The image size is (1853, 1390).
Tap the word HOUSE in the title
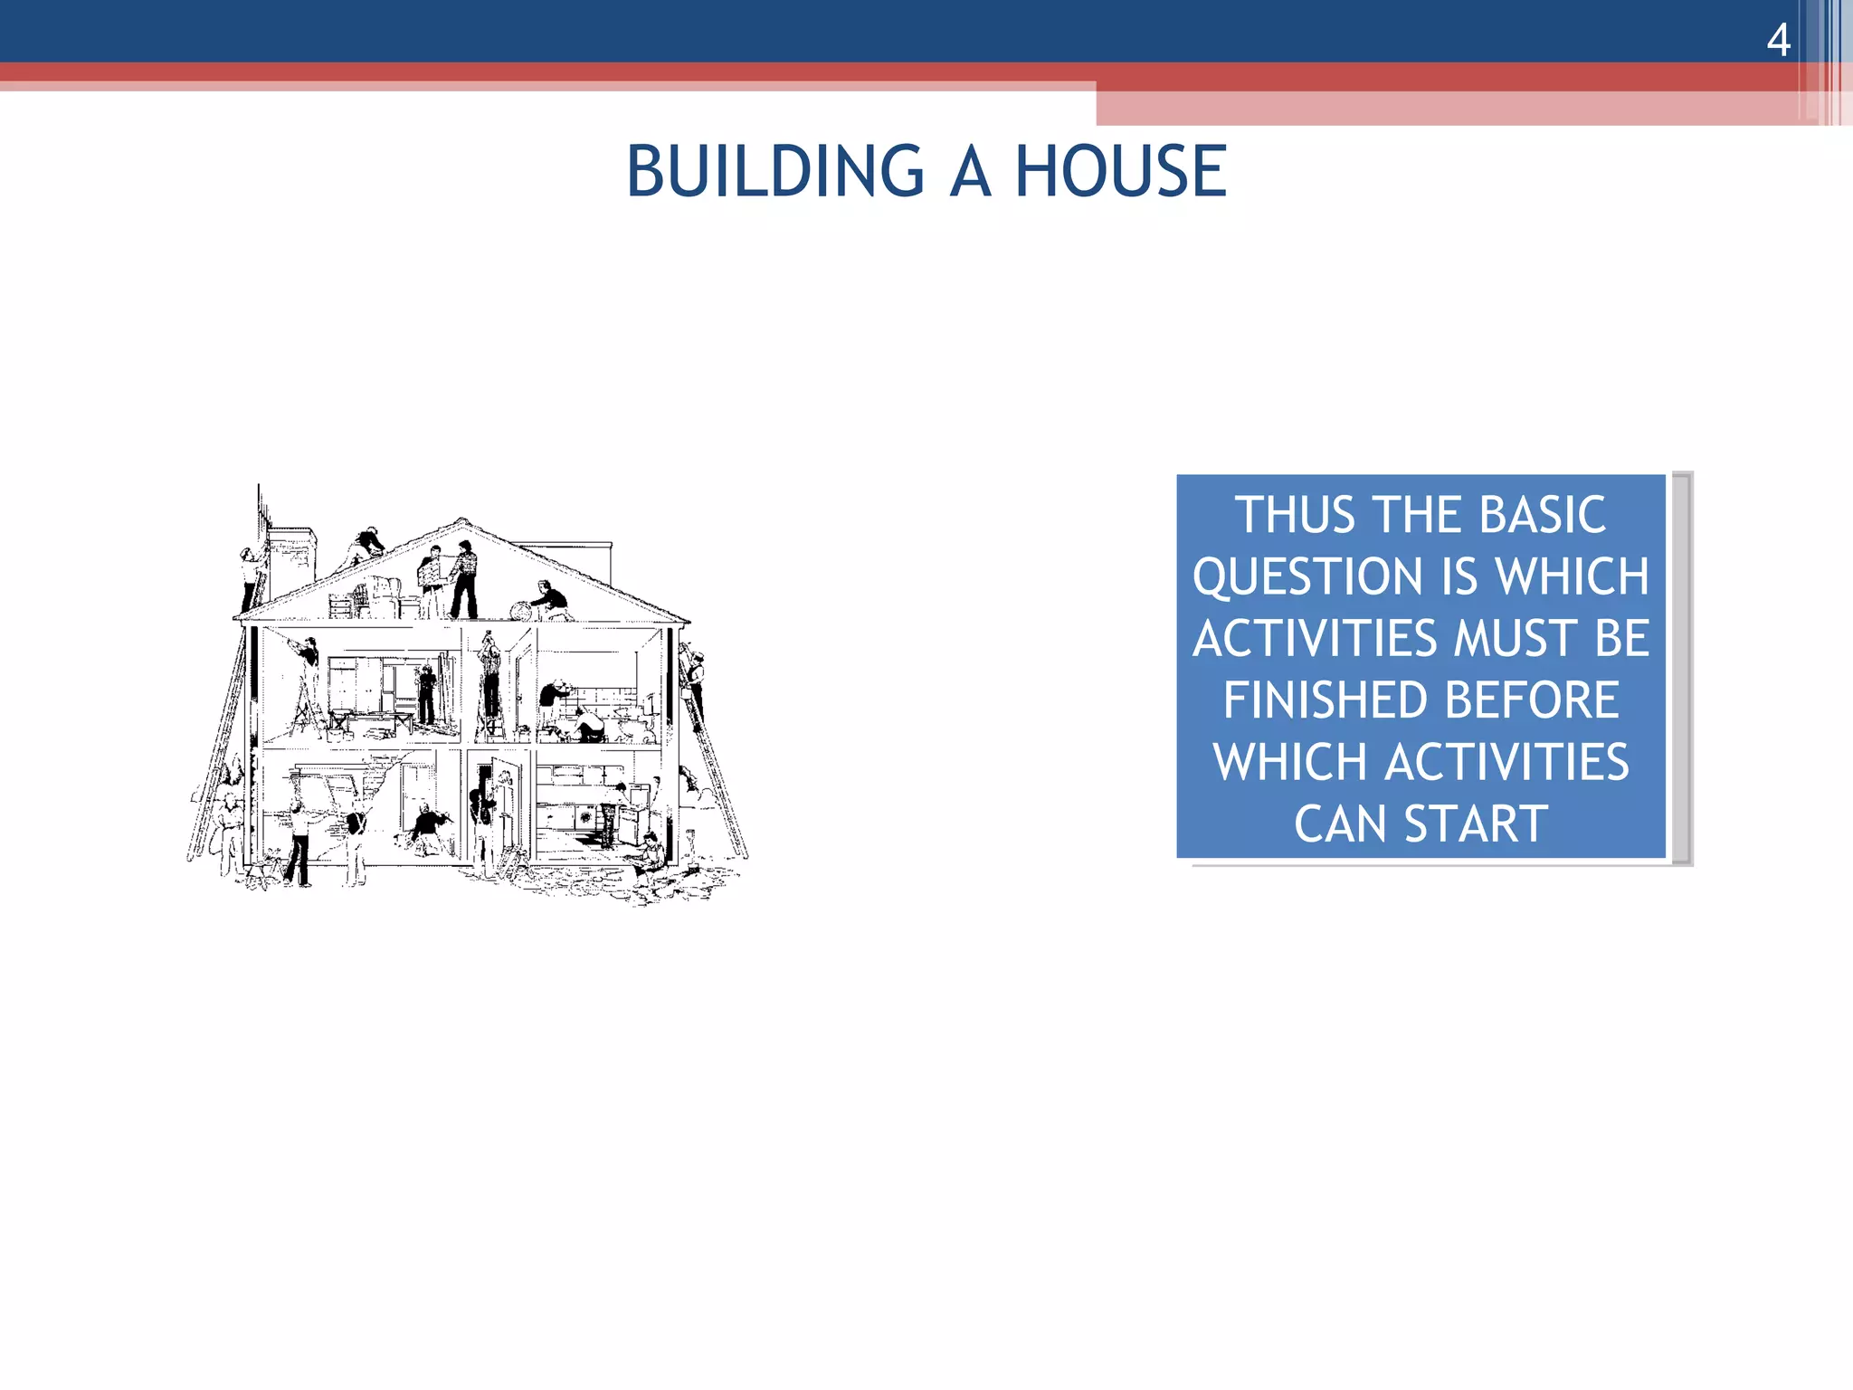[1120, 171]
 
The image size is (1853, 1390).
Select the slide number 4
[1778, 40]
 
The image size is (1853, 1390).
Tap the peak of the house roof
[462, 522]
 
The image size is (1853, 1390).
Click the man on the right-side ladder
[694, 674]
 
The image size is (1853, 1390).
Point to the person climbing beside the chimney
[251, 577]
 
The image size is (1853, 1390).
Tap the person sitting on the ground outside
[650, 854]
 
